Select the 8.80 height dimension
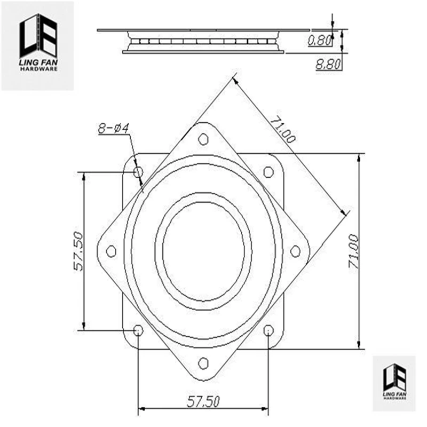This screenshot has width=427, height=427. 328,64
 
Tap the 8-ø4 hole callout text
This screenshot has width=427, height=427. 114,128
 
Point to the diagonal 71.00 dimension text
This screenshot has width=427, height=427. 282,129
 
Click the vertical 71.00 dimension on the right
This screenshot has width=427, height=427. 354,251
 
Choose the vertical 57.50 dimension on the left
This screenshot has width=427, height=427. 78,251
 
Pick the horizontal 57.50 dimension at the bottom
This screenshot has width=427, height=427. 203,402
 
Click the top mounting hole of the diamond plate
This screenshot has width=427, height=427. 203,139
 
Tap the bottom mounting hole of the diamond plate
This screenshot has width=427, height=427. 203,363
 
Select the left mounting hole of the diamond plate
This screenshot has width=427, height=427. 111,251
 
